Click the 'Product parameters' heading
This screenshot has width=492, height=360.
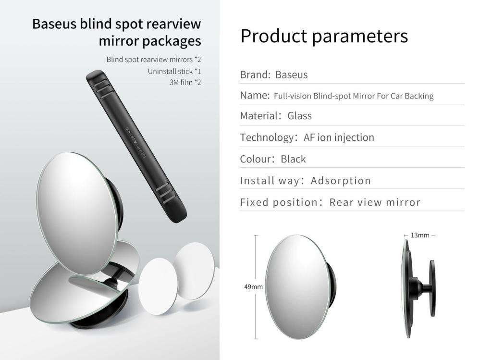[x=324, y=36]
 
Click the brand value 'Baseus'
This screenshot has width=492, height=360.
[x=292, y=75]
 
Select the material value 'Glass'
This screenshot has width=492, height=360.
[x=299, y=116]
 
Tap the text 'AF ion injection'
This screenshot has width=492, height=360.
[x=339, y=137]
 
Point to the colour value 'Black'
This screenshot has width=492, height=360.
[x=293, y=159]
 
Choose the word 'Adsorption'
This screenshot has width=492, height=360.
[x=341, y=181]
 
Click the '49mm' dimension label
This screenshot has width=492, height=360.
[x=253, y=287]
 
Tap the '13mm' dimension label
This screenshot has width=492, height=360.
[x=420, y=236]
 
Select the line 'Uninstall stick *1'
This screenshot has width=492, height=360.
[x=174, y=71]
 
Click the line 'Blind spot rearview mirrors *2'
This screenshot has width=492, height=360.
[x=153, y=60]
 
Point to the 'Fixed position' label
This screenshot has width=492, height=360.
[x=279, y=202]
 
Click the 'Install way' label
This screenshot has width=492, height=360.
[x=270, y=181]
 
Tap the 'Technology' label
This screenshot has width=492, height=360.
[x=266, y=137]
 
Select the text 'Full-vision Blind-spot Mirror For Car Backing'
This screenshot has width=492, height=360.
[x=353, y=96]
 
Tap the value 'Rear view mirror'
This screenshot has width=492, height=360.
[x=375, y=202]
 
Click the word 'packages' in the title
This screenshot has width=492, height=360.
[x=172, y=41]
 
